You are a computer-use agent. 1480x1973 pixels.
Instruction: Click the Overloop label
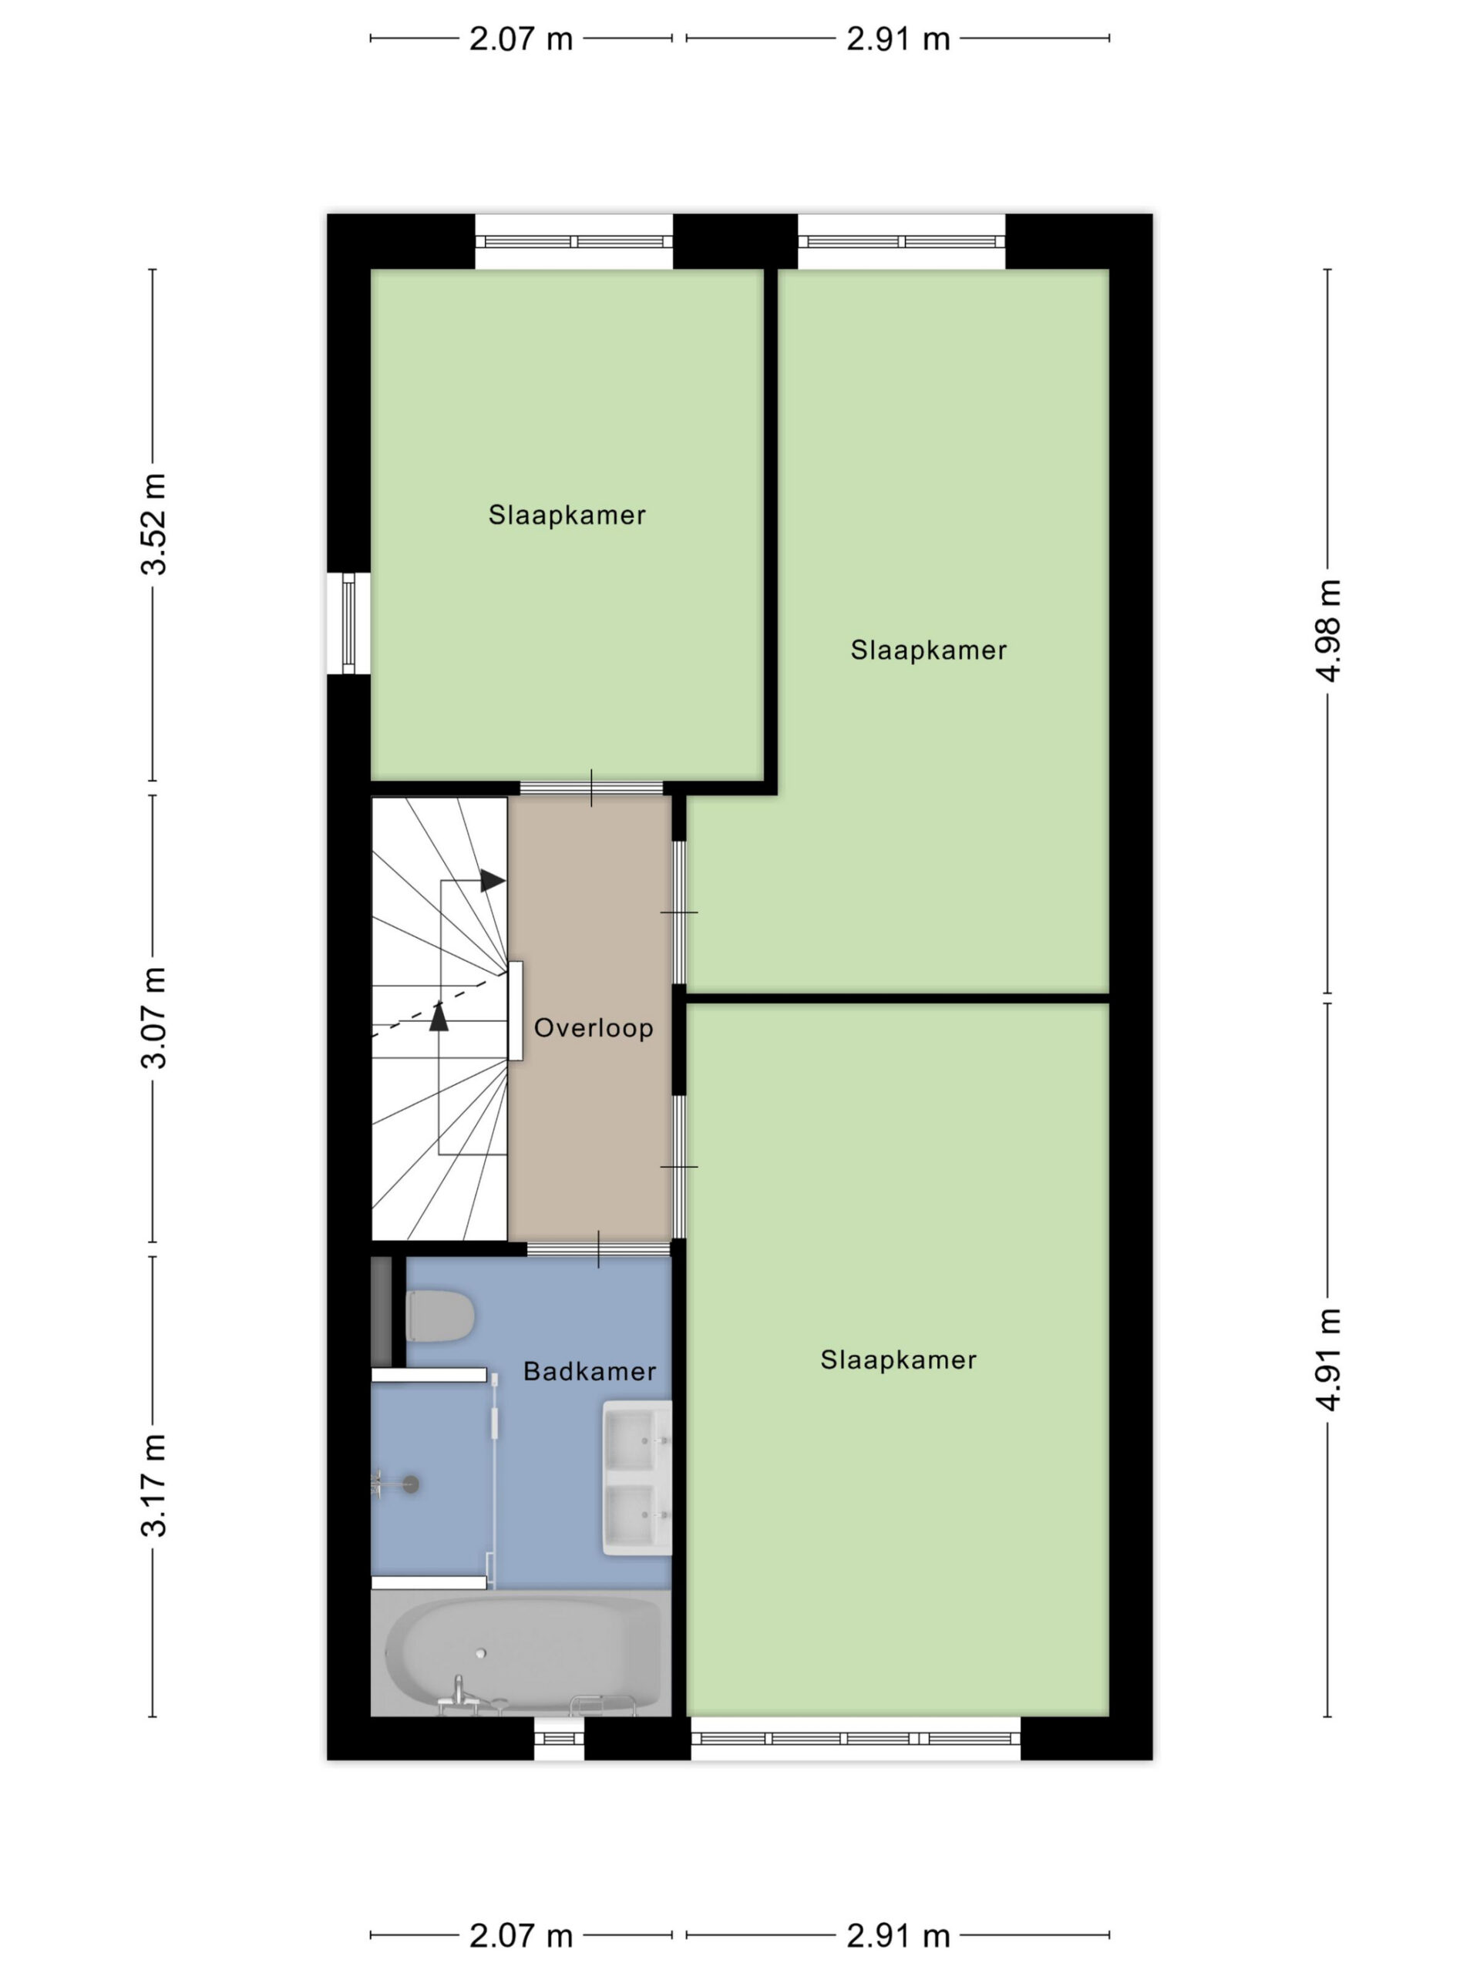tap(594, 1028)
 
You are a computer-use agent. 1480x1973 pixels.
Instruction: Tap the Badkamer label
tap(590, 1372)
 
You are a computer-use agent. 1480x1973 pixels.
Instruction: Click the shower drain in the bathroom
tap(410, 1484)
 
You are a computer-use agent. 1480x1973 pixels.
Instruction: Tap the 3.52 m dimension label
tap(153, 525)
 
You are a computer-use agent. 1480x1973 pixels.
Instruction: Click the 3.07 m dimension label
tap(153, 1018)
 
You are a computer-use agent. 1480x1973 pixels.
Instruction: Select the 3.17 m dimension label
tap(153, 1486)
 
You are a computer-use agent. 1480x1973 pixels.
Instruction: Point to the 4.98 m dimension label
tap(1328, 630)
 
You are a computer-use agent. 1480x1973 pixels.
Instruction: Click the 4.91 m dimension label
tap(1328, 1360)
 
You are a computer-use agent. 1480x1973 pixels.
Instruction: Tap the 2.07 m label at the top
tap(521, 39)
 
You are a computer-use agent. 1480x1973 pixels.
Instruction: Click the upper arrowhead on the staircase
tap(493, 880)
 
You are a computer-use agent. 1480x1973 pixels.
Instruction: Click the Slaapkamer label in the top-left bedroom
tap(567, 515)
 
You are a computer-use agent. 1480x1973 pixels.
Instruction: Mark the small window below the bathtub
tap(560, 1739)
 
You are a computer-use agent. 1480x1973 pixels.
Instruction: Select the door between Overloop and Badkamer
tap(599, 1249)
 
